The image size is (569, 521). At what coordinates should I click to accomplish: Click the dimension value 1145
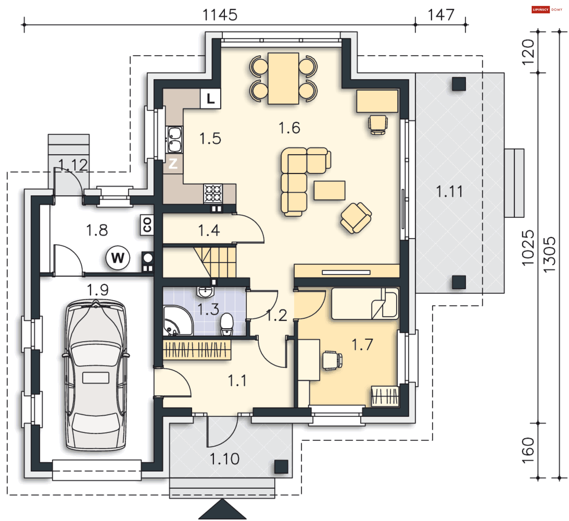(x=220, y=15)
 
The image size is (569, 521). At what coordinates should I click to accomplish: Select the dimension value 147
(x=441, y=15)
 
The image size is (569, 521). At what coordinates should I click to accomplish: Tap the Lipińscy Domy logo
(x=547, y=9)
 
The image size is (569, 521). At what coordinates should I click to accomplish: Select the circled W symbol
(x=118, y=257)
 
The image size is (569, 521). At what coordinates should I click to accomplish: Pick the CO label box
(x=147, y=225)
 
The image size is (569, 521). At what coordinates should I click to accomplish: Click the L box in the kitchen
(x=210, y=98)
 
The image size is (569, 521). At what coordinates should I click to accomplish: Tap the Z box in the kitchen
(x=173, y=163)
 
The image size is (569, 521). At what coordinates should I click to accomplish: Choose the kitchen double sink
(x=174, y=139)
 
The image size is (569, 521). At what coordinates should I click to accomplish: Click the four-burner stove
(x=213, y=193)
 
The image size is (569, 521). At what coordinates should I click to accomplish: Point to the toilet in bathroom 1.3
(x=227, y=324)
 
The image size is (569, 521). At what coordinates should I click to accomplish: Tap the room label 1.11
(x=450, y=191)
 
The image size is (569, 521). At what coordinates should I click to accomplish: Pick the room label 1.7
(x=362, y=345)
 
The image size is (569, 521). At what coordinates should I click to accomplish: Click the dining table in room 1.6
(x=283, y=78)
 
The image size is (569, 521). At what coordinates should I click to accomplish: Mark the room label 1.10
(x=224, y=459)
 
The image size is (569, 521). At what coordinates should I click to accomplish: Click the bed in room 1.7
(x=365, y=303)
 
